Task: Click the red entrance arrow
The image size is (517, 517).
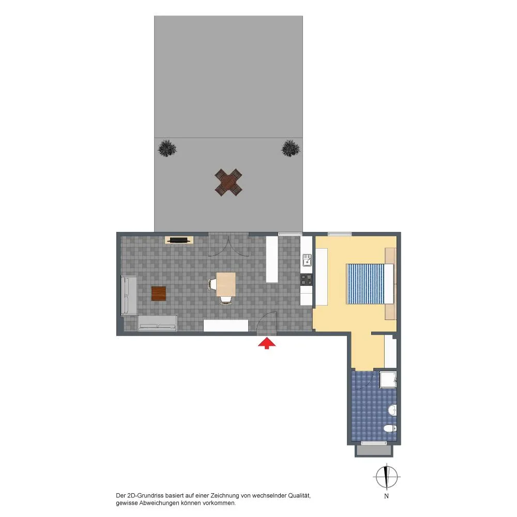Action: tap(267, 344)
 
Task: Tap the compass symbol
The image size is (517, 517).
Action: tap(387, 477)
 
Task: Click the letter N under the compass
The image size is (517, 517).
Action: tap(386, 496)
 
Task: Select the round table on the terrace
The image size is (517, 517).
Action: tap(228, 183)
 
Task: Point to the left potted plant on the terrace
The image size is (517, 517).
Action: tap(167, 148)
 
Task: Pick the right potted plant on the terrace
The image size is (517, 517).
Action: tap(291, 148)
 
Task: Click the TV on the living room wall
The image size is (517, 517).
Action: tap(179, 240)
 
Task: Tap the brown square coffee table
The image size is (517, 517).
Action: tap(159, 294)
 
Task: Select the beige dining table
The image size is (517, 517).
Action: tap(226, 284)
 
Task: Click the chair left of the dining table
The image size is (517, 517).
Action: tap(212, 284)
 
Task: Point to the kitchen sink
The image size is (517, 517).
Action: tap(307, 260)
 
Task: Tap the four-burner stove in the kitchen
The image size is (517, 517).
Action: tap(306, 280)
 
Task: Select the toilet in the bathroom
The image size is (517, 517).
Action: tap(390, 428)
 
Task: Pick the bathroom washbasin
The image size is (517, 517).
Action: tap(392, 410)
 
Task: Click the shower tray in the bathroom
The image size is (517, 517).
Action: tap(388, 380)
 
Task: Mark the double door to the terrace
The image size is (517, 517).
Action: tap(228, 245)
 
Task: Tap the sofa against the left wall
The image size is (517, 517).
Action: tap(129, 296)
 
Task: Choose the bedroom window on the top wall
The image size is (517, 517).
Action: tap(340, 234)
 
